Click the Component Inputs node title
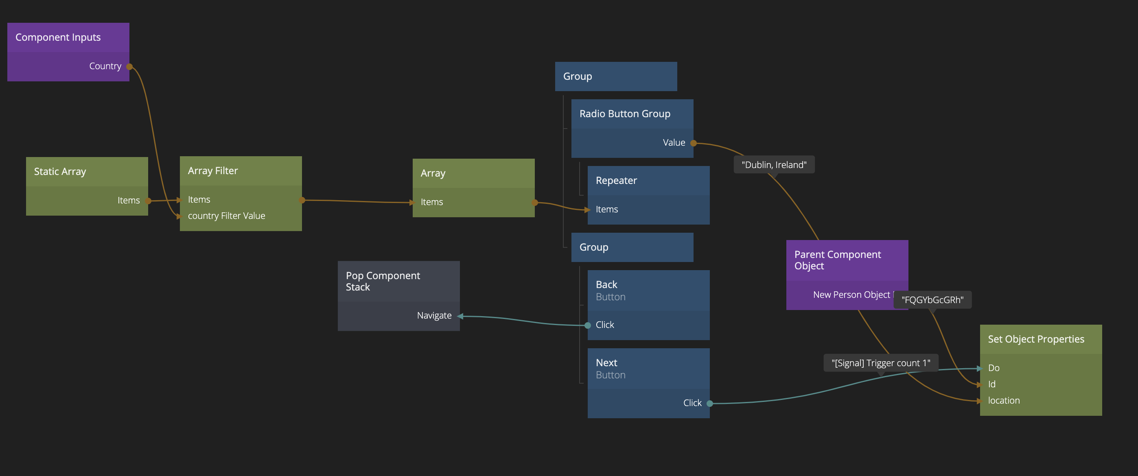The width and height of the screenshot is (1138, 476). [58, 37]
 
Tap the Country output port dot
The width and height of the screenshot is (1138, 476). [129, 67]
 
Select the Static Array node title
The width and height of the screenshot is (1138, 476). [60, 172]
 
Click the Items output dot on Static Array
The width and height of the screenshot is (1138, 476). [149, 201]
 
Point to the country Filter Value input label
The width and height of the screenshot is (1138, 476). [226, 216]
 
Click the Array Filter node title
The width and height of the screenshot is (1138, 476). [212, 171]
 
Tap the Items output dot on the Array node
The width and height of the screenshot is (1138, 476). [534, 203]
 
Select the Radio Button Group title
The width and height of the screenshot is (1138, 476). [625, 114]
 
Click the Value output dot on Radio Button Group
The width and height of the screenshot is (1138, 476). [694, 143]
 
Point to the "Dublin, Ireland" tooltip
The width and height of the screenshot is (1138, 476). [774, 165]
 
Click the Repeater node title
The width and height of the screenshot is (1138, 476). [616, 181]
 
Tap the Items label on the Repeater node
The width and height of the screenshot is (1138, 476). [606, 209]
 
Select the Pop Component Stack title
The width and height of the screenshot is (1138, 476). [383, 281]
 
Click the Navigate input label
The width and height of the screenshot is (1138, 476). [434, 316]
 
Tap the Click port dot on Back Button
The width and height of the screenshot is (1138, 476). [588, 325]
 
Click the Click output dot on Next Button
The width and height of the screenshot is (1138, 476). [709, 403]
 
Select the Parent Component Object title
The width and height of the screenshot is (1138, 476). [837, 260]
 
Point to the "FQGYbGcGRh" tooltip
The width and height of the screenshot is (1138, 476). [932, 300]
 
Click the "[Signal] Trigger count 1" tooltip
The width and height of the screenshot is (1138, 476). [880, 363]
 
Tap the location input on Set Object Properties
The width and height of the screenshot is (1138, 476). [1004, 400]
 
